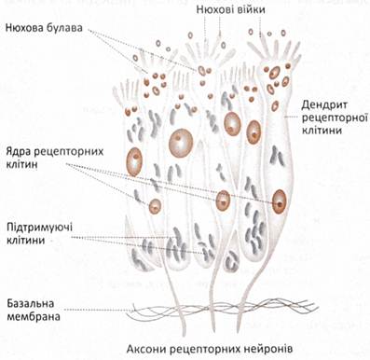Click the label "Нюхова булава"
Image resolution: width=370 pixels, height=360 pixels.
[x=45, y=28]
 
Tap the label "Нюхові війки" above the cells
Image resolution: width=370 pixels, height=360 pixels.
[x=231, y=10]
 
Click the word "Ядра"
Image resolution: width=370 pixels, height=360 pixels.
[x=19, y=152]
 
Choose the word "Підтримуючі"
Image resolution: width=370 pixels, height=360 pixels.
[x=40, y=228]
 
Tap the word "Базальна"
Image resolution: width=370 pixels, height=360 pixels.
[x=31, y=303]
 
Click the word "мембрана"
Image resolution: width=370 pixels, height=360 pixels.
[x=34, y=317]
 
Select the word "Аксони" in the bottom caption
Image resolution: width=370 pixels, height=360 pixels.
[x=146, y=349]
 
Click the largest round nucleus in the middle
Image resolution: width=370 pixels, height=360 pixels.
[x=181, y=144]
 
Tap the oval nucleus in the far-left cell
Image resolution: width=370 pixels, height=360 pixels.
[x=134, y=161]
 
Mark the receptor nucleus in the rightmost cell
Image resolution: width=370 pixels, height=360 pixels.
[x=279, y=201]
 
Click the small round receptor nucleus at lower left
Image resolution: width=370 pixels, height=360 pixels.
[x=155, y=206]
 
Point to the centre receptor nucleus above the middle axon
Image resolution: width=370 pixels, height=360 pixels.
[x=223, y=201]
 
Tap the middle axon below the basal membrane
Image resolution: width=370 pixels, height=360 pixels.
[x=212, y=323]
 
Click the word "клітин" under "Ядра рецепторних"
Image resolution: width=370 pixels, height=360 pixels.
[x=21, y=164]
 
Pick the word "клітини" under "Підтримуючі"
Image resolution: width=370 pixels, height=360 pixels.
[x=25, y=240]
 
